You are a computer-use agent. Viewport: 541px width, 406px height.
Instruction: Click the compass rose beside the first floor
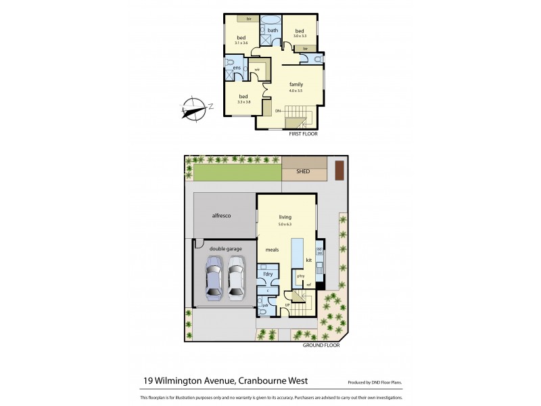(196, 108)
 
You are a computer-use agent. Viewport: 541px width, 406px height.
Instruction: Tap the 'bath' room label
(273, 30)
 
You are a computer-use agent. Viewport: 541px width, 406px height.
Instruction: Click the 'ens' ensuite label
(237, 68)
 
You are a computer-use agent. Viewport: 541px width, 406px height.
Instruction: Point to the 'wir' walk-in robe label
(257, 69)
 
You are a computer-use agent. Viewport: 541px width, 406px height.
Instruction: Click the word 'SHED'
(303, 172)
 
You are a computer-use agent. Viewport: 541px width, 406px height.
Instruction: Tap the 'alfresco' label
(223, 215)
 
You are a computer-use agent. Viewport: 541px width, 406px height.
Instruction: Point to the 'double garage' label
(225, 248)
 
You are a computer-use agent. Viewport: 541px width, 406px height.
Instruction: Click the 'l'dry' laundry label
(268, 273)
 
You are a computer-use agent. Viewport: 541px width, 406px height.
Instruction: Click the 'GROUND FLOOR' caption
(322, 344)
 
